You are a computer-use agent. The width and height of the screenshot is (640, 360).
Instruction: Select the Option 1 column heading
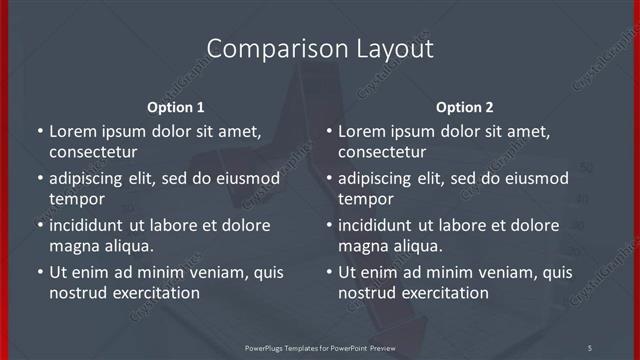[176, 107]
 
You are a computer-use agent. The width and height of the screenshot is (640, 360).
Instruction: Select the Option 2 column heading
[465, 107]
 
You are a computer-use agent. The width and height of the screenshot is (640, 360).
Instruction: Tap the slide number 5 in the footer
[589, 347]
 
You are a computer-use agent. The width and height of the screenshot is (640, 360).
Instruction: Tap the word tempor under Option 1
[77, 199]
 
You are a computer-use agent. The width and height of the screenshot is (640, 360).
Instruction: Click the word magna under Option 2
[362, 246]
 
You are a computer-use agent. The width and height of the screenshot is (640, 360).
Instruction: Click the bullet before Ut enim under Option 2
[329, 272]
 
